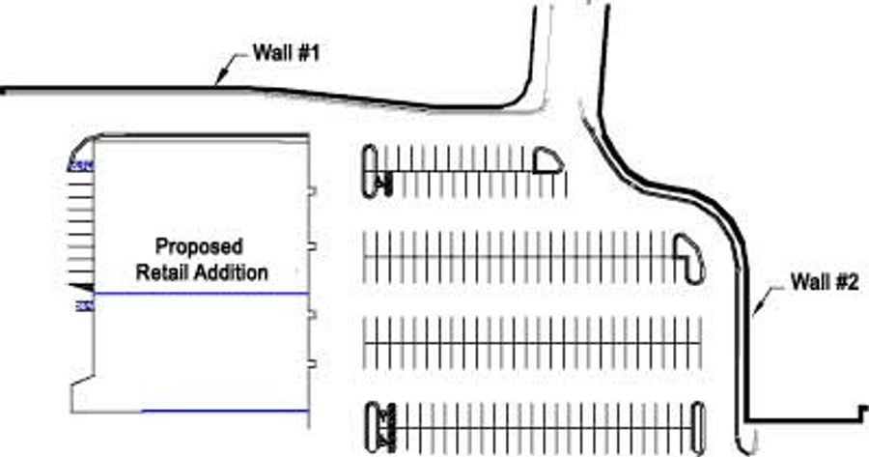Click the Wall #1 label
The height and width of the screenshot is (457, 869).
(286, 54)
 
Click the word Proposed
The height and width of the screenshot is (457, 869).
(200, 247)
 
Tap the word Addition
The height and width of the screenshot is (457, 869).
(232, 272)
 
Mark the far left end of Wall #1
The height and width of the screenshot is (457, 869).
(5, 92)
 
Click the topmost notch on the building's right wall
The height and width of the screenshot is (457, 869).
(312, 191)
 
